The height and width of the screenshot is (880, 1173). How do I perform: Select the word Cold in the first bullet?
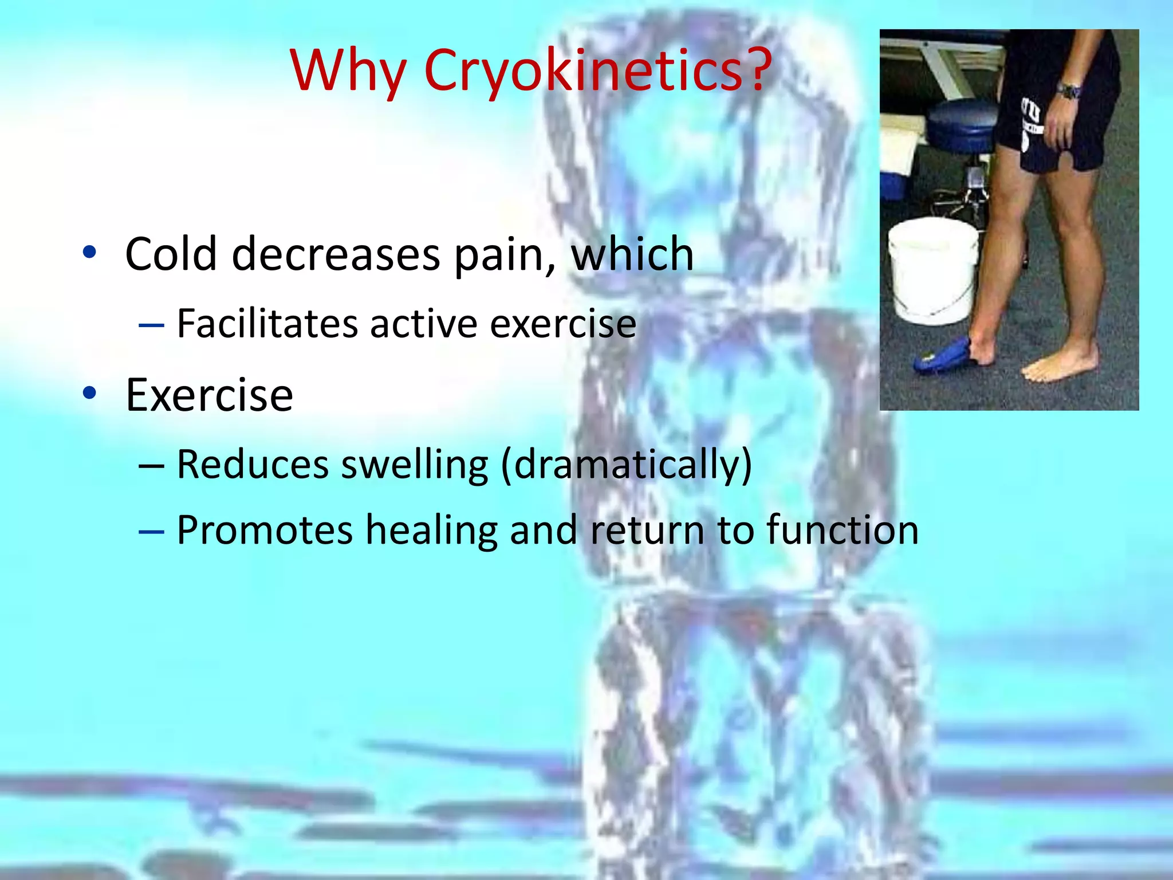[x=171, y=254]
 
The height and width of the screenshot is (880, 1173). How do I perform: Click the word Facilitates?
[x=267, y=324]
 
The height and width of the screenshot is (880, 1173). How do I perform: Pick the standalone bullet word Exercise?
[x=209, y=395]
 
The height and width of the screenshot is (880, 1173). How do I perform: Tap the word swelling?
[x=415, y=465]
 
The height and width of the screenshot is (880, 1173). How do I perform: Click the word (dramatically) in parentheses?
[x=627, y=465]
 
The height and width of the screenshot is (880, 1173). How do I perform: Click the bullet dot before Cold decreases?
[x=89, y=252]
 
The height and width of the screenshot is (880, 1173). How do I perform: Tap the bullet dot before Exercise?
[x=89, y=393]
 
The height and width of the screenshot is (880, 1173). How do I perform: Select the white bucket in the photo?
[x=932, y=269]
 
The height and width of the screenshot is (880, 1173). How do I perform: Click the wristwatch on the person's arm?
[x=1069, y=90]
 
